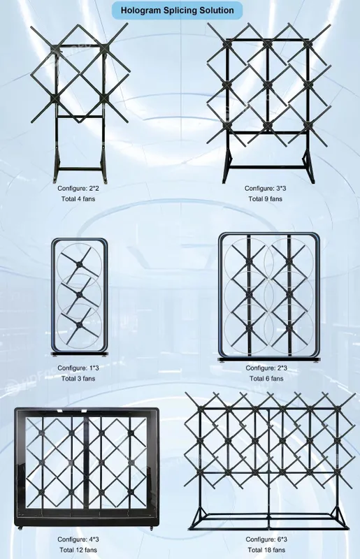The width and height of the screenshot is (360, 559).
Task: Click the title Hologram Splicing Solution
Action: [x=178, y=10]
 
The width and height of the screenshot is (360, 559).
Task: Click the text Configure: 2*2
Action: [x=78, y=188]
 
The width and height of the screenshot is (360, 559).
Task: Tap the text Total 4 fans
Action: [x=78, y=198]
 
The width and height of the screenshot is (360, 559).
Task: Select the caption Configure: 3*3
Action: [x=265, y=188]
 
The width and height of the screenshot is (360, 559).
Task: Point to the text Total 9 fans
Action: [x=265, y=198]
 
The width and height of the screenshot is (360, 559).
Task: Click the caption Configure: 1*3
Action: [x=78, y=368]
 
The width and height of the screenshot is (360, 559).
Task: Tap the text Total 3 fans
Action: [x=78, y=378]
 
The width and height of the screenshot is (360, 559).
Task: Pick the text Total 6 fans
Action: [x=266, y=378]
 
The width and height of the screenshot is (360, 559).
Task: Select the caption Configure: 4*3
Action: [x=78, y=539]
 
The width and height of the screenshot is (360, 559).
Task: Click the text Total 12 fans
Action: [x=78, y=550]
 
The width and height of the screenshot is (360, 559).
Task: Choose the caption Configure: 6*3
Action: [x=266, y=539]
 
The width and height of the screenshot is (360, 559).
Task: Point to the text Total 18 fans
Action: [x=266, y=550]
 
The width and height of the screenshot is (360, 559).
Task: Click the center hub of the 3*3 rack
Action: [x=268, y=85]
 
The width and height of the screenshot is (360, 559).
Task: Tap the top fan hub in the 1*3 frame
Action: [x=79, y=264]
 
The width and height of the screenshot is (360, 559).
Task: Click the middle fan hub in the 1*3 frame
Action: [x=79, y=293]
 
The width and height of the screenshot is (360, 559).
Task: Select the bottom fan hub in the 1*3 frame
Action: [x=79, y=324]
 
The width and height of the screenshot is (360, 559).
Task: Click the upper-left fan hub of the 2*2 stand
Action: [x=55, y=48]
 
